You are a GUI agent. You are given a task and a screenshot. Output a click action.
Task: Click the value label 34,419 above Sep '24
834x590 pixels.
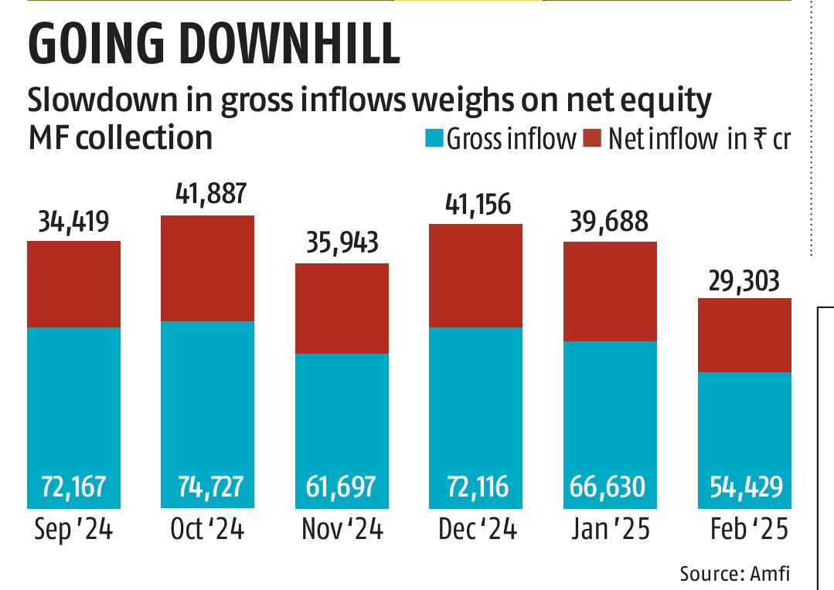73,223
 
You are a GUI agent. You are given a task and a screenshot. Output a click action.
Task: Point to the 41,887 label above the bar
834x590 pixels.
207,197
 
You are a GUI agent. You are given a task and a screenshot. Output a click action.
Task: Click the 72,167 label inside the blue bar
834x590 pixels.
74,487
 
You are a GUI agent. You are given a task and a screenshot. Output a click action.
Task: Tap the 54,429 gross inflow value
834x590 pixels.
744,487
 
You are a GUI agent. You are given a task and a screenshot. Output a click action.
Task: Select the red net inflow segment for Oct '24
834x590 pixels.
207,268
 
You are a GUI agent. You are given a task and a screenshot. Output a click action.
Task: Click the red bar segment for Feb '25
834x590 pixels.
744,335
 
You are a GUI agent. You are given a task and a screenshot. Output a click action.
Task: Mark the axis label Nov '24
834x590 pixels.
342,531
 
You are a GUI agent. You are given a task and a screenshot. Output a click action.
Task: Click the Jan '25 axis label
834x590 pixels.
610,531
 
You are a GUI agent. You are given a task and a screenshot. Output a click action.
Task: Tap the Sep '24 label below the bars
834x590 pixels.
74,531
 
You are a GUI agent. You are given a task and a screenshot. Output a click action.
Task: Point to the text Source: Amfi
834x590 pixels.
734,574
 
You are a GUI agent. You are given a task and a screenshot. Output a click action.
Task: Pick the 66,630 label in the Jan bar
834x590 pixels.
610,487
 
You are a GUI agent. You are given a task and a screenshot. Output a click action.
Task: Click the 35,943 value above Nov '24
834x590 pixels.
342,245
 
